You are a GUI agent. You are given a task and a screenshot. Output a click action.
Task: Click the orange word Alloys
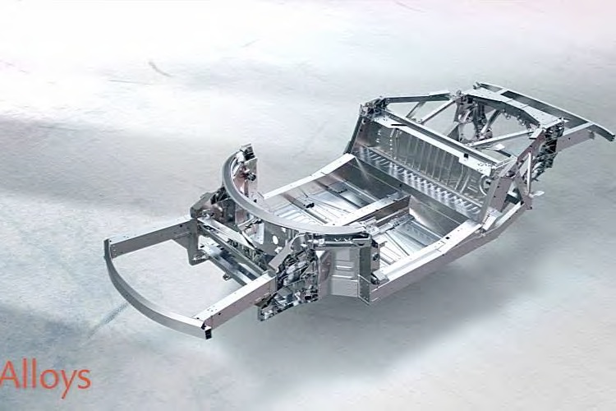coord(45,377)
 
